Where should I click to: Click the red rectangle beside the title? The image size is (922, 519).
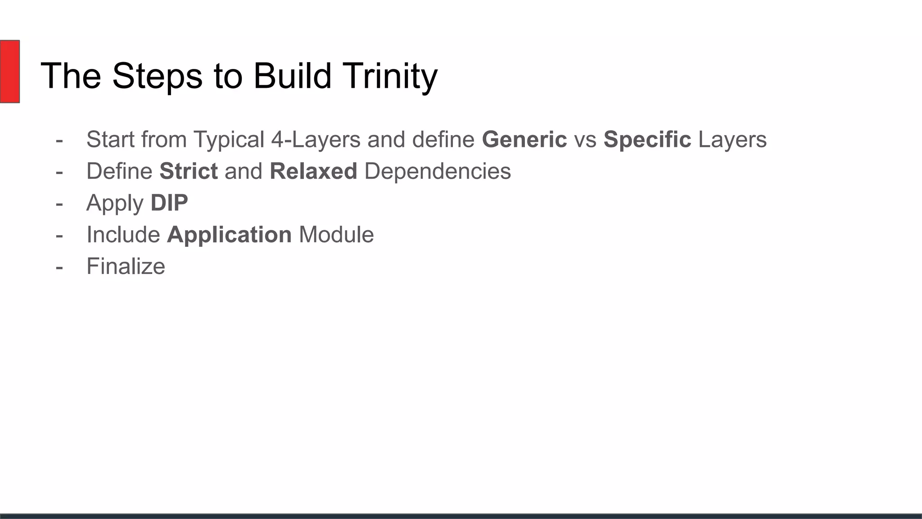(x=9, y=71)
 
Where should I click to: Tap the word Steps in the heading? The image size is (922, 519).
(x=158, y=76)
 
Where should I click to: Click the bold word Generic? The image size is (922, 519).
(x=524, y=139)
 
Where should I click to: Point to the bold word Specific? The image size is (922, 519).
(x=647, y=139)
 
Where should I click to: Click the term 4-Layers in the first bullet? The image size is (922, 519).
(x=316, y=139)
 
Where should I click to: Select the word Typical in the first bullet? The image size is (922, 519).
(x=229, y=139)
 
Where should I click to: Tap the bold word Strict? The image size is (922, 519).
(x=189, y=171)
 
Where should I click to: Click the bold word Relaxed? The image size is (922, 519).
(x=313, y=171)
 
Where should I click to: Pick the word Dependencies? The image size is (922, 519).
(x=438, y=171)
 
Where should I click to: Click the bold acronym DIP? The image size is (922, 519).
(x=169, y=203)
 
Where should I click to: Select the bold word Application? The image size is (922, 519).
(x=229, y=235)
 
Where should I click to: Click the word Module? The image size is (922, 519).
(x=336, y=235)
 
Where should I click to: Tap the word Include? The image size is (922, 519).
(x=123, y=235)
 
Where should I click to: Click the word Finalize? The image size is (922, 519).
(x=126, y=266)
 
